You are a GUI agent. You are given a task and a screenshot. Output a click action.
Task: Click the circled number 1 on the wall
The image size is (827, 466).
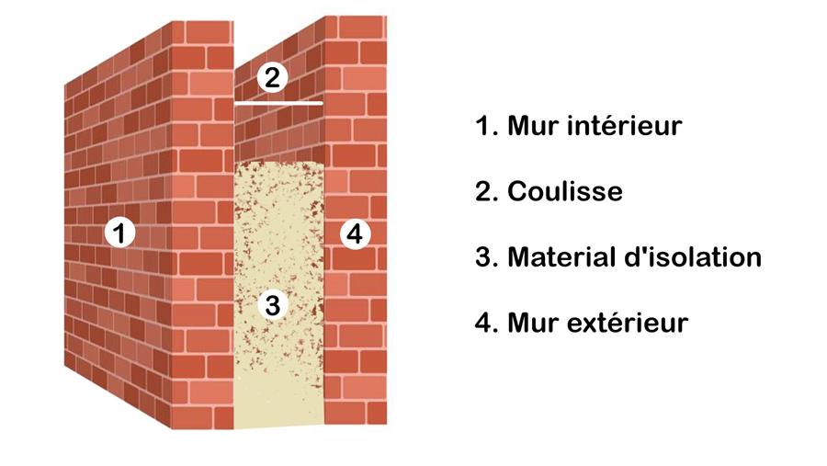tap(119, 233)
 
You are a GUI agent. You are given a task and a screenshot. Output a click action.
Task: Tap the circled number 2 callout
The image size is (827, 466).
tap(272, 77)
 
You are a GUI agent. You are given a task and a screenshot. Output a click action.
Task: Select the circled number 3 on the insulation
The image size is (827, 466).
tap(272, 304)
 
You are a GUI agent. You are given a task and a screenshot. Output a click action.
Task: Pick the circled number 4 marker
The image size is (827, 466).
tap(355, 233)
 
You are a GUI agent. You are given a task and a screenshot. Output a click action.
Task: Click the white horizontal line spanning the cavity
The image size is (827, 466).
tap(278, 104)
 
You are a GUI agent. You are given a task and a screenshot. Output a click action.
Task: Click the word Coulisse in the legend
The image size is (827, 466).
tap(565, 191)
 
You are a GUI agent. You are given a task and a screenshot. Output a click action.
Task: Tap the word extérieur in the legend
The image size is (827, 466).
tap(627, 323)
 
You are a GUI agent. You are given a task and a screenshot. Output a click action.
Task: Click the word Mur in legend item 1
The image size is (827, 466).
tap(532, 126)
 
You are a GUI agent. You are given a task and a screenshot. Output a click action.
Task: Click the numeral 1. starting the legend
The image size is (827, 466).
tap(486, 126)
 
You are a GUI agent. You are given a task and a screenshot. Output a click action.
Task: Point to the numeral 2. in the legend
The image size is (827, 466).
tap(486, 191)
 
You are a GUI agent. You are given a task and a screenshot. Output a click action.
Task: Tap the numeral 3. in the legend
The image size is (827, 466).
tap(486, 257)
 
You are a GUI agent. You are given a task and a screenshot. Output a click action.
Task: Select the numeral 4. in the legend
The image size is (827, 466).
tap(486, 323)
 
